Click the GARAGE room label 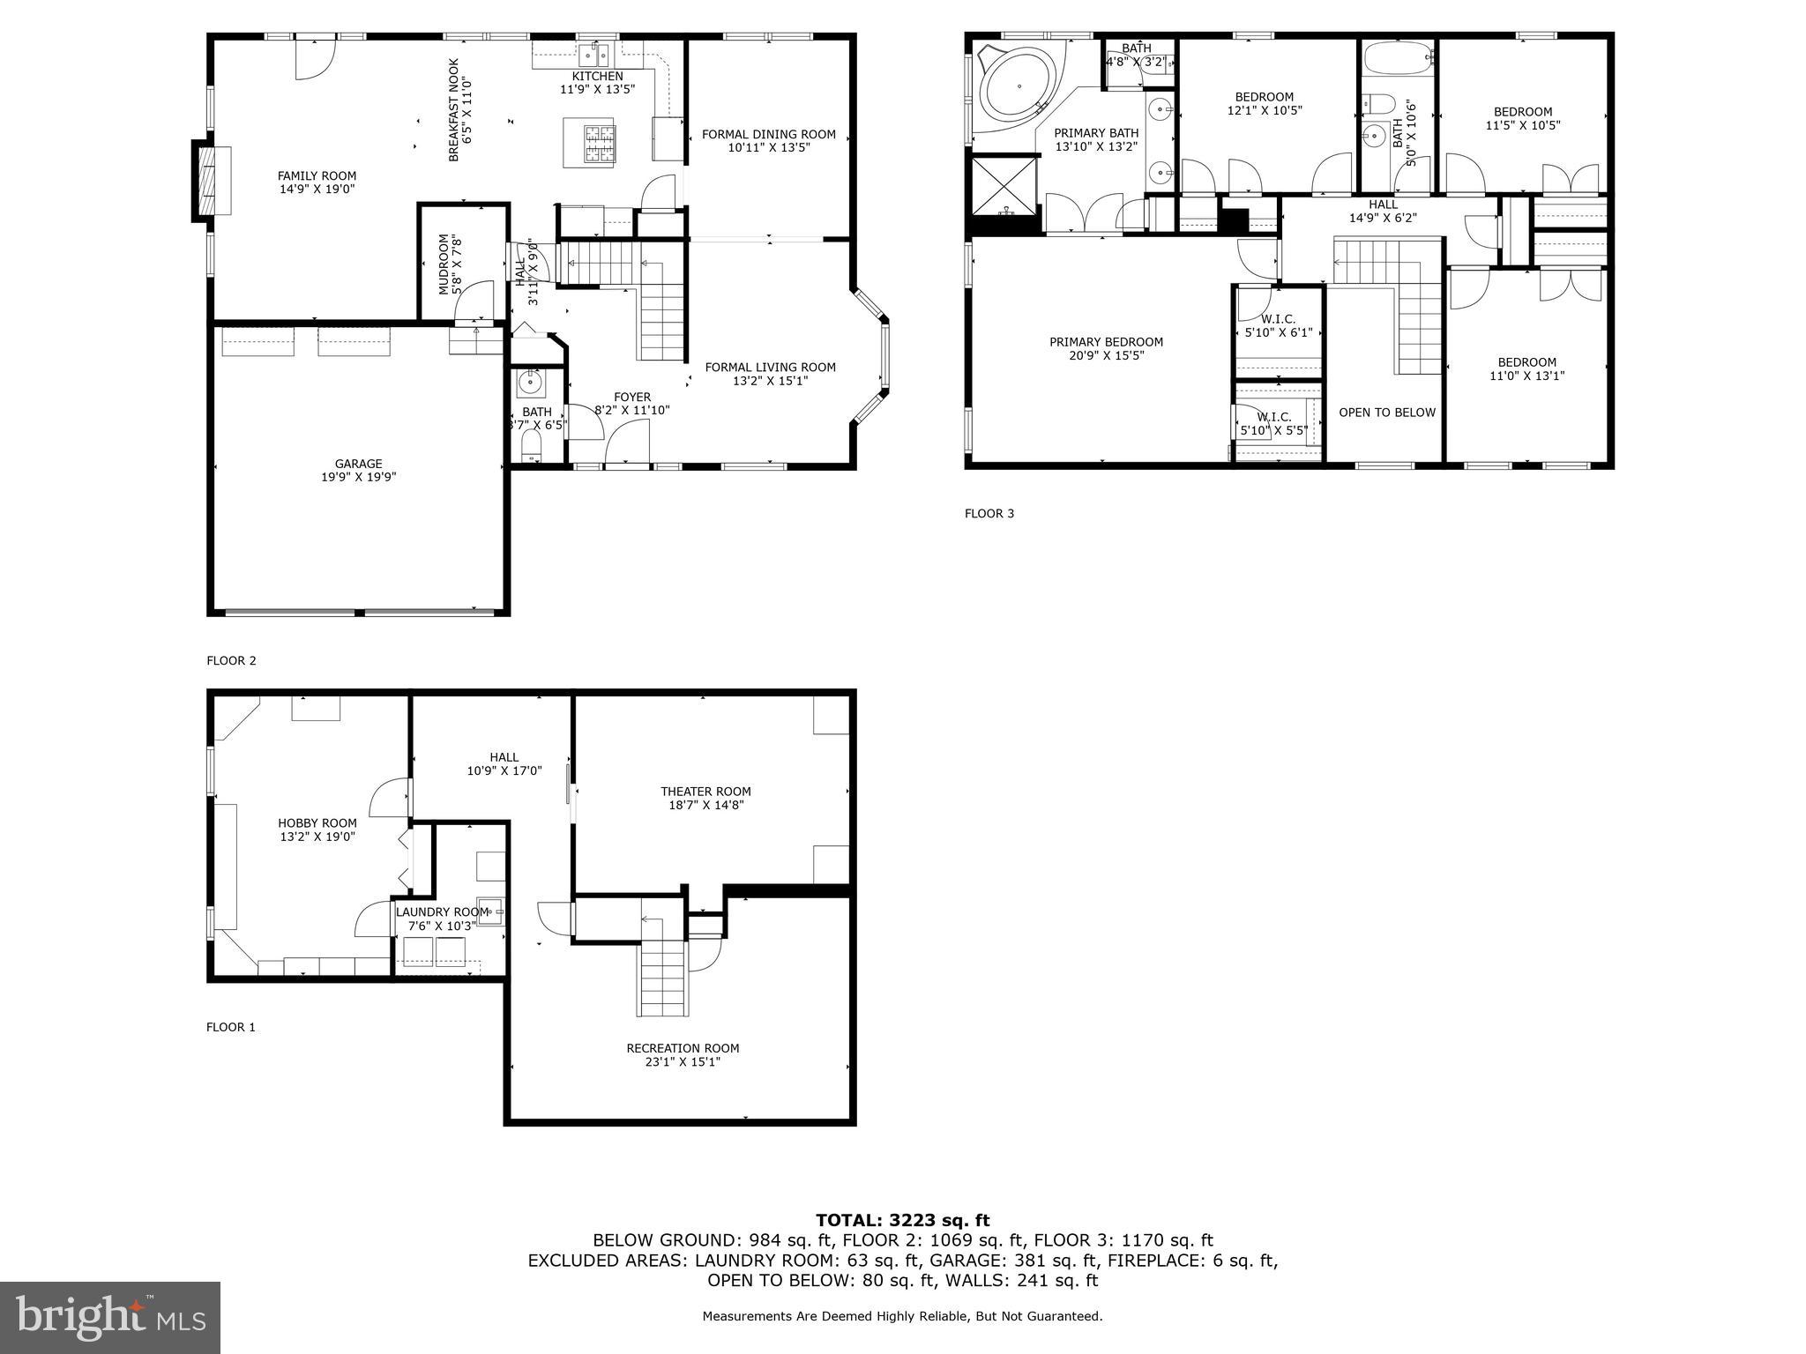(x=358, y=464)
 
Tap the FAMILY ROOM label (x=317, y=175)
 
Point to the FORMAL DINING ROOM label (x=768, y=135)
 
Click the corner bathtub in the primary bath (x=1019, y=87)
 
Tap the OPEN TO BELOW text (x=1386, y=413)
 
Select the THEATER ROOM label (x=705, y=792)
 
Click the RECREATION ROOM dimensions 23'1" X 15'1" (x=683, y=1062)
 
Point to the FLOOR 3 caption (x=989, y=513)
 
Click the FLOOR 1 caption (x=230, y=1027)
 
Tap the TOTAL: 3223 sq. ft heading (x=902, y=1220)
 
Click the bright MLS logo (x=110, y=1317)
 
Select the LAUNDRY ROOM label (x=442, y=912)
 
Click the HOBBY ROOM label (x=317, y=823)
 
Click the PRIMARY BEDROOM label (x=1106, y=342)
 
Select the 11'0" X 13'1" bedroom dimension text (x=1526, y=376)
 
